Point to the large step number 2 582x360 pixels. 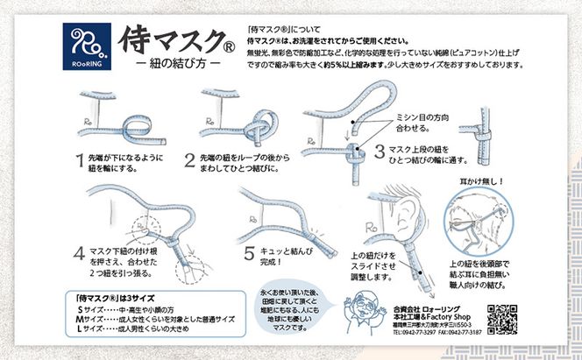click(x=188, y=160)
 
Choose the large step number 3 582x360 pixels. click(x=380, y=150)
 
